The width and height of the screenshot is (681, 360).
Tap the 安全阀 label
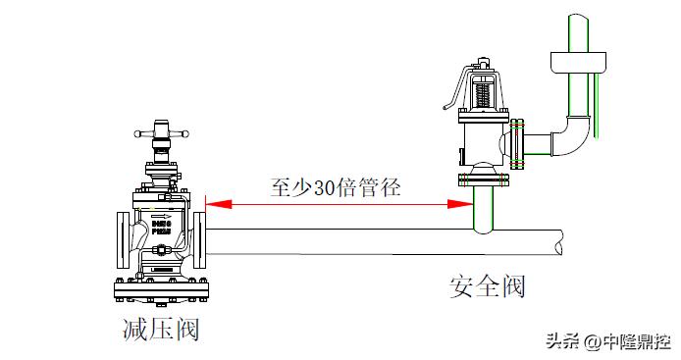pyautogui.click(x=487, y=286)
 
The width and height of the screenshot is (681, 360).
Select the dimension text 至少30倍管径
pyautogui.click(x=335, y=186)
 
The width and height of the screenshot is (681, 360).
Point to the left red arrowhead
pyautogui.click(x=215, y=204)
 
